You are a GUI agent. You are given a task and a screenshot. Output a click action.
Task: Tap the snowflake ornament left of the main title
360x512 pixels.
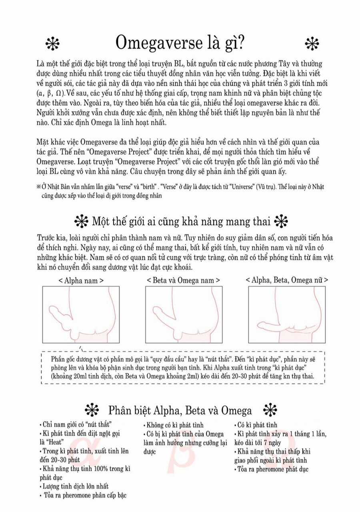(x=52, y=44)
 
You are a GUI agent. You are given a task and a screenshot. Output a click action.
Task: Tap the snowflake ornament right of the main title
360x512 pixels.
(x=311, y=44)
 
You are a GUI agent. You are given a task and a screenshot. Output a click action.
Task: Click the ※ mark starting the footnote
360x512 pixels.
(x=38, y=187)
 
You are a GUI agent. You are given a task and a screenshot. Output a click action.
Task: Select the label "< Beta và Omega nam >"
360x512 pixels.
(x=183, y=280)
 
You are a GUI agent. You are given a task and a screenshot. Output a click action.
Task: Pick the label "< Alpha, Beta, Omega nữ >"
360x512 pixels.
(x=287, y=280)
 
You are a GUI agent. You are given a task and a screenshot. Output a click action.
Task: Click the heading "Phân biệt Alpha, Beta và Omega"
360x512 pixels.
(x=180, y=410)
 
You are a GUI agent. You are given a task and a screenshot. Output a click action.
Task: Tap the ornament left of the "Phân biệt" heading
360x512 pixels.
(x=92, y=410)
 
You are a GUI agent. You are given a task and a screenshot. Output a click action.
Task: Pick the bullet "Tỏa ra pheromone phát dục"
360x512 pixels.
(x=272, y=469)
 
